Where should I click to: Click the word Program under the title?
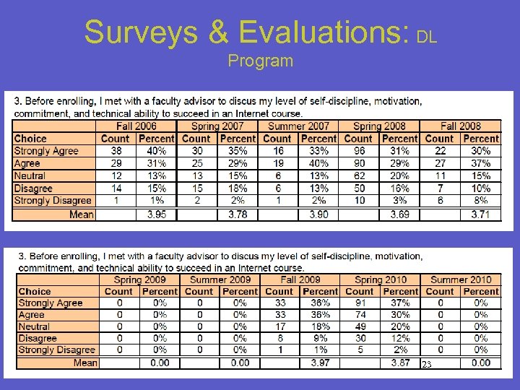click(x=260, y=61)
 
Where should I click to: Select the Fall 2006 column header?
click(x=136, y=126)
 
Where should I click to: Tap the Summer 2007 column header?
click(x=298, y=126)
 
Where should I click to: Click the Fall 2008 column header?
click(x=460, y=126)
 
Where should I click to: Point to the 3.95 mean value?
click(x=157, y=214)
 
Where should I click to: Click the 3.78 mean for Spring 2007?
click(x=238, y=214)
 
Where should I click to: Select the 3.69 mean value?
click(x=399, y=214)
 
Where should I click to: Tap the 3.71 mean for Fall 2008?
click(x=481, y=214)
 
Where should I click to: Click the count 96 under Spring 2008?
click(x=359, y=151)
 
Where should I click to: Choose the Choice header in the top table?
click(x=30, y=139)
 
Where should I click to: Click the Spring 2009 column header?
click(x=139, y=279)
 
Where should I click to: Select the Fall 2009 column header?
click(x=300, y=279)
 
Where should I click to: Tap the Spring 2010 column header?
click(x=381, y=279)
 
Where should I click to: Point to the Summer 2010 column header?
click(x=461, y=279)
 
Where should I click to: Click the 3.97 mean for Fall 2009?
click(x=320, y=363)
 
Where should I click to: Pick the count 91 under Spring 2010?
click(x=360, y=303)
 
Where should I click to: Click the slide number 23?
click(x=427, y=365)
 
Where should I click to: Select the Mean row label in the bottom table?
click(x=85, y=363)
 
